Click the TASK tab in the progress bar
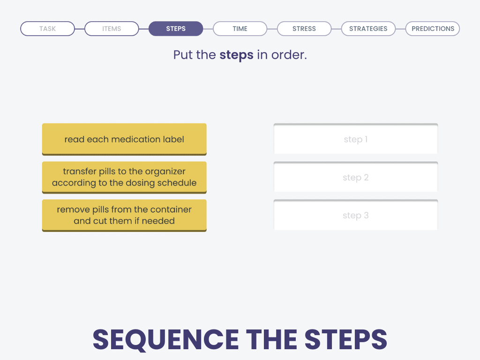[47, 29]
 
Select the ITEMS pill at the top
[112, 29]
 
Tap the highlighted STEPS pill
[176, 29]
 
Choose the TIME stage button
[240, 29]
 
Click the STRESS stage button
[304, 29]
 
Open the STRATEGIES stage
[368, 29]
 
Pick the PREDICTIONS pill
[433, 29]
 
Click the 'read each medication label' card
[124, 139]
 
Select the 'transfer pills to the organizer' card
[124, 177]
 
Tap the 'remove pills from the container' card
[124, 215]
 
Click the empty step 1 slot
[356, 139]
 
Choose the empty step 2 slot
[356, 177]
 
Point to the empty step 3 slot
[356, 215]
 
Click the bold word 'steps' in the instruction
[236, 55]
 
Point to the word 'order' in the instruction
[288, 55]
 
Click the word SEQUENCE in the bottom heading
[165, 340]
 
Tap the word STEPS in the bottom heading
[346, 339]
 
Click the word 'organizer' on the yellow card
[165, 172]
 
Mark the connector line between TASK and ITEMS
[80, 29]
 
